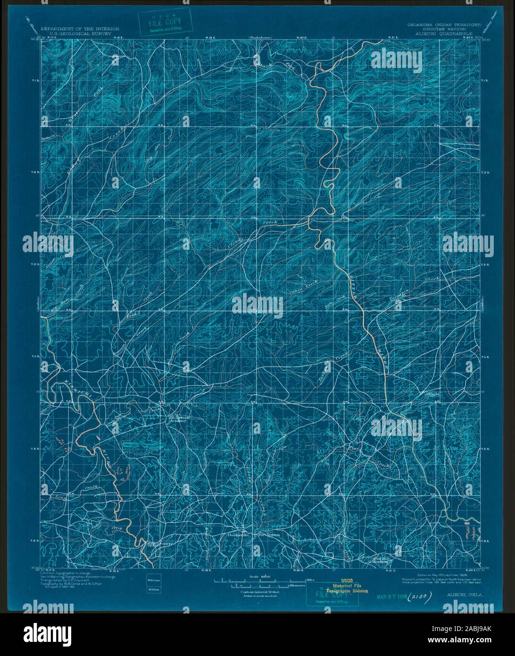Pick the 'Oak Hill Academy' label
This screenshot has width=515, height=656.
coord(382,560)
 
